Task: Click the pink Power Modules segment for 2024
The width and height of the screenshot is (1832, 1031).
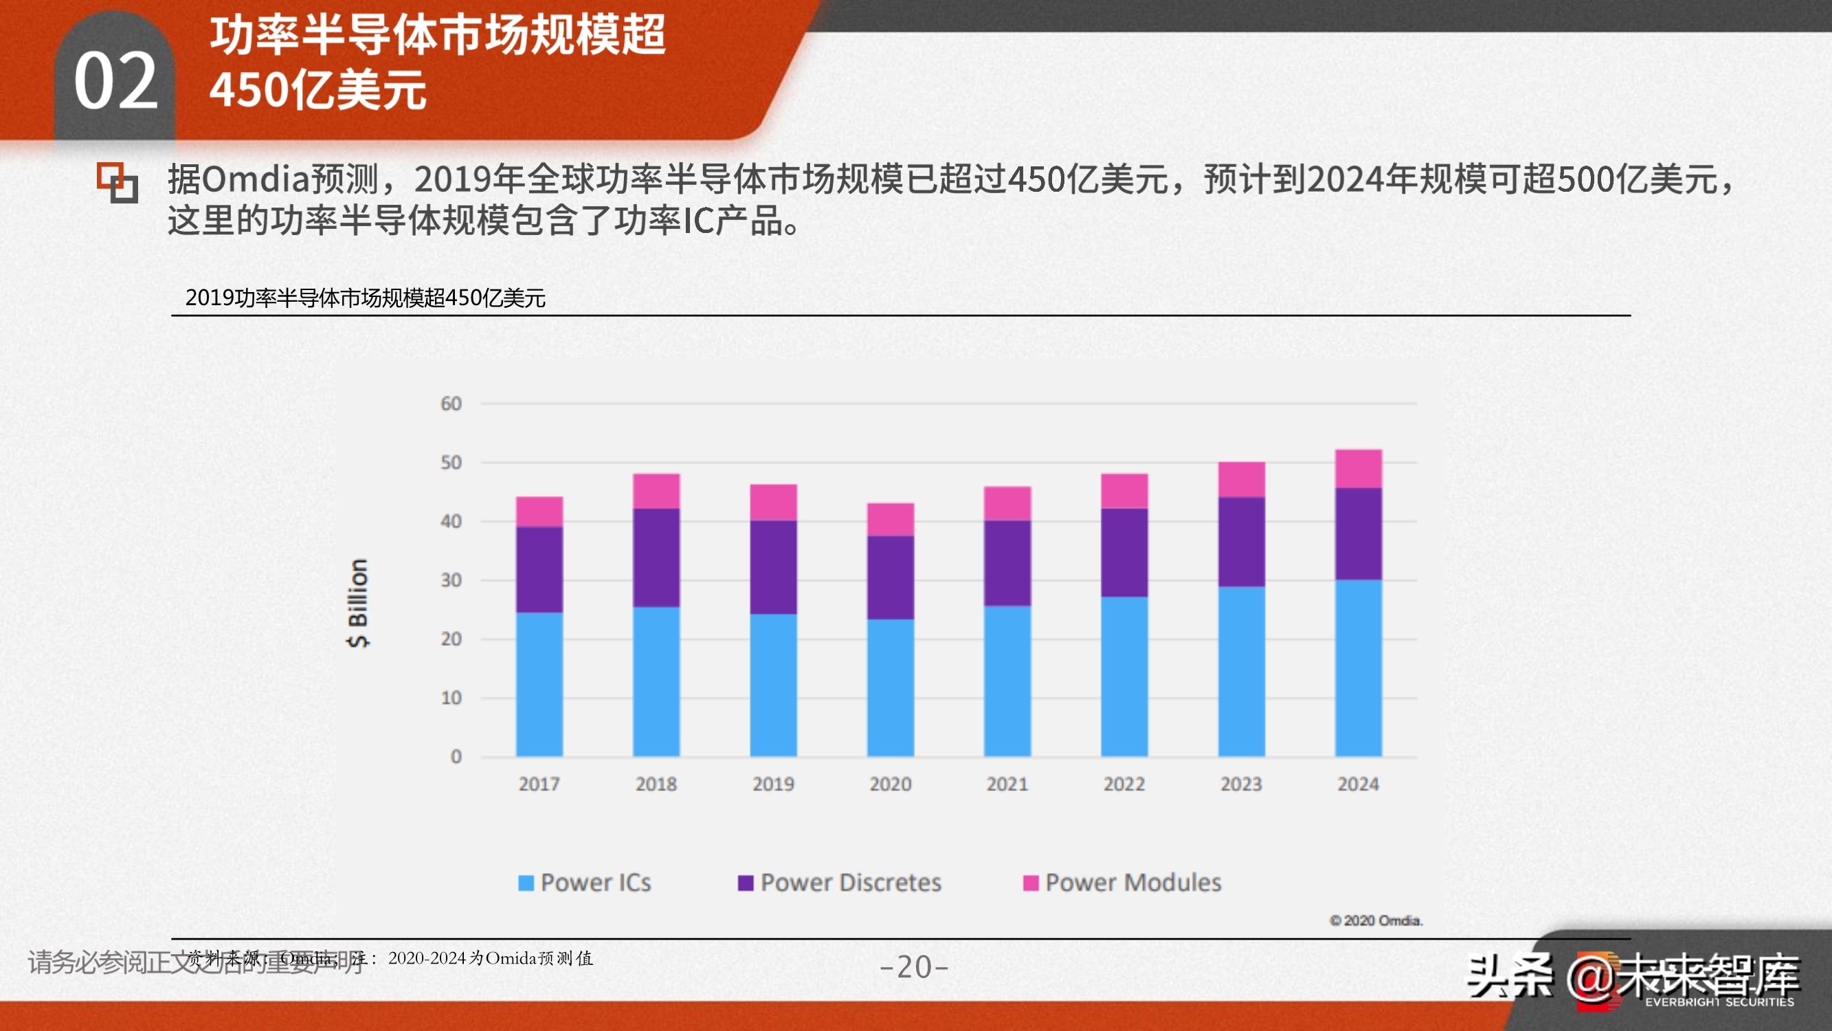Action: coord(1359,469)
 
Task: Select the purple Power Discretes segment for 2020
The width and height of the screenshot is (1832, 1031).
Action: coord(891,577)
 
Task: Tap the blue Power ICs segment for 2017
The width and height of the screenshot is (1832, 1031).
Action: coord(539,684)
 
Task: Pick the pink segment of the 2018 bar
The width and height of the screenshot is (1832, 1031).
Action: coord(656,491)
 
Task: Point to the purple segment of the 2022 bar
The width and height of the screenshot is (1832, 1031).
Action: coord(1124,552)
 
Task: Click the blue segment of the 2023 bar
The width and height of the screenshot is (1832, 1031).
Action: coord(1241,671)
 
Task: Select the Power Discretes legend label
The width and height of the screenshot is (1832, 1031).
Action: coord(851,883)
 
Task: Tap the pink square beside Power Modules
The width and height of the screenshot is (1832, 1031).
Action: coord(1031,883)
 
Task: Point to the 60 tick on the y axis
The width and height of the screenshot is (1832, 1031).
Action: coord(451,404)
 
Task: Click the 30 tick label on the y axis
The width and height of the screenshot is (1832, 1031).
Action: coord(451,581)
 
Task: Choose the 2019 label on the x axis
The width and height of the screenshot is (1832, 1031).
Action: coord(773,784)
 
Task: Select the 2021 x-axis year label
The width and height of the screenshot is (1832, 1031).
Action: coord(1007,784)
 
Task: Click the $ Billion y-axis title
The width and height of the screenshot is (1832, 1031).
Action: coord(358,603)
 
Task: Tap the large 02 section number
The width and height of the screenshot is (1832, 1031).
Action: coord(115,82)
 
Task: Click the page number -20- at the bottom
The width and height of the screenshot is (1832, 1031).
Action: coord(914,966)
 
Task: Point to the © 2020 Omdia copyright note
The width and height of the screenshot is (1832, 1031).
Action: coord(1376,921)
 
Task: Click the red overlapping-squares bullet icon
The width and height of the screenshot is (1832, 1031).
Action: coord(118,182)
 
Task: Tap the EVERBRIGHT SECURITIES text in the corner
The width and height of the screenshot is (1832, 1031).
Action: coord(1719,1002)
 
